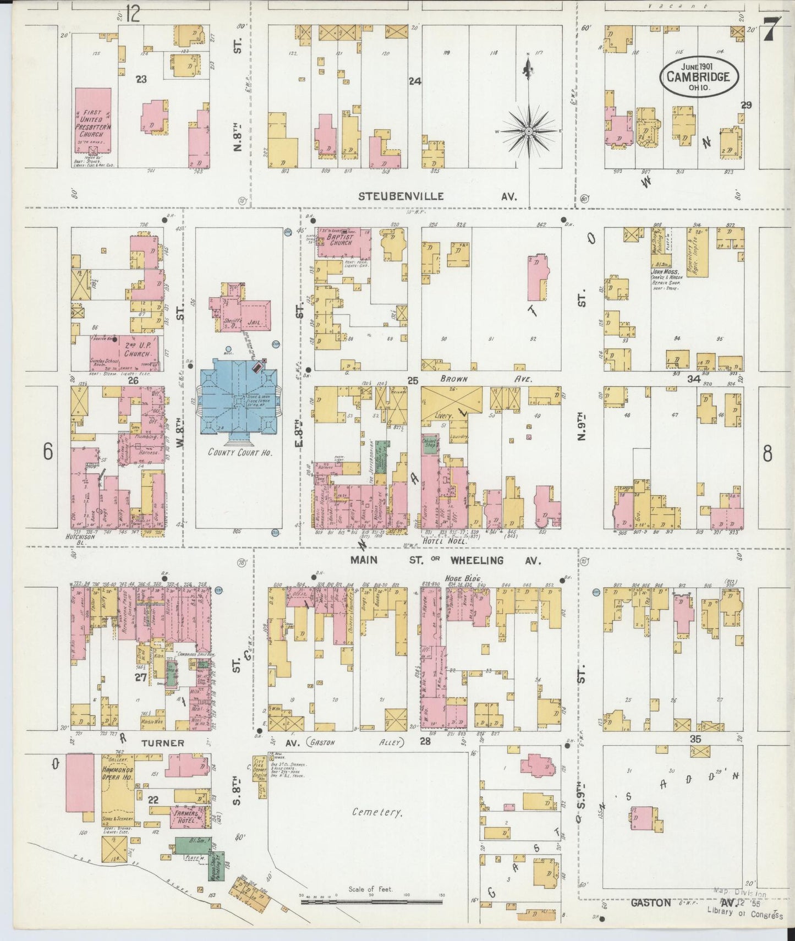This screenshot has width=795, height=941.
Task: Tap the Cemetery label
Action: pyautogui.click(x=378, y=812)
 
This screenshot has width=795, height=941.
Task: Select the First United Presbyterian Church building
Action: pyautogui.click(x=92, y=119)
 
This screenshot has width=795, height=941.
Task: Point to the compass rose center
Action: pyautogui.click(x=528, y=132)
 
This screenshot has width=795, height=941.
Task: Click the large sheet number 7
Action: pyautogui.click(x=771, y=29)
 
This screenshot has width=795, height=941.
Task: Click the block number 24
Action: pyautogui.click(x=414, y=81)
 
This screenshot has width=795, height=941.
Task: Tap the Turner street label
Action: pyautogui.click(x=163, y=743)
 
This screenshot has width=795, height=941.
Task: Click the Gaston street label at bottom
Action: pyautogui.click(x=651, y=902)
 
